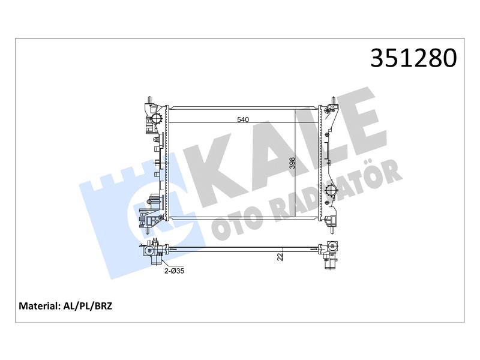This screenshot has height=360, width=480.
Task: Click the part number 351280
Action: tap(413, 58)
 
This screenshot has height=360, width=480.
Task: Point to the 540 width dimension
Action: tap(243, 119)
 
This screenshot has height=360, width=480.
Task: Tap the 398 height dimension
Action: tap(292, 164)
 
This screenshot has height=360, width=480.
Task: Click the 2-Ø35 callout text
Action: tap(175, 271)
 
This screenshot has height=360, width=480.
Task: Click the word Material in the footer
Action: tap(39, 306)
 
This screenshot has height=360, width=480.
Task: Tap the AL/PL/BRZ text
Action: tap(88, 306)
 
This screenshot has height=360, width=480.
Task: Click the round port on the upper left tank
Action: tap(157, 119)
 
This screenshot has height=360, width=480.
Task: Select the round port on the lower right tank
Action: tap(331, 191)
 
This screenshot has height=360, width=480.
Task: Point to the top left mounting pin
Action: tap(149, 101)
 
